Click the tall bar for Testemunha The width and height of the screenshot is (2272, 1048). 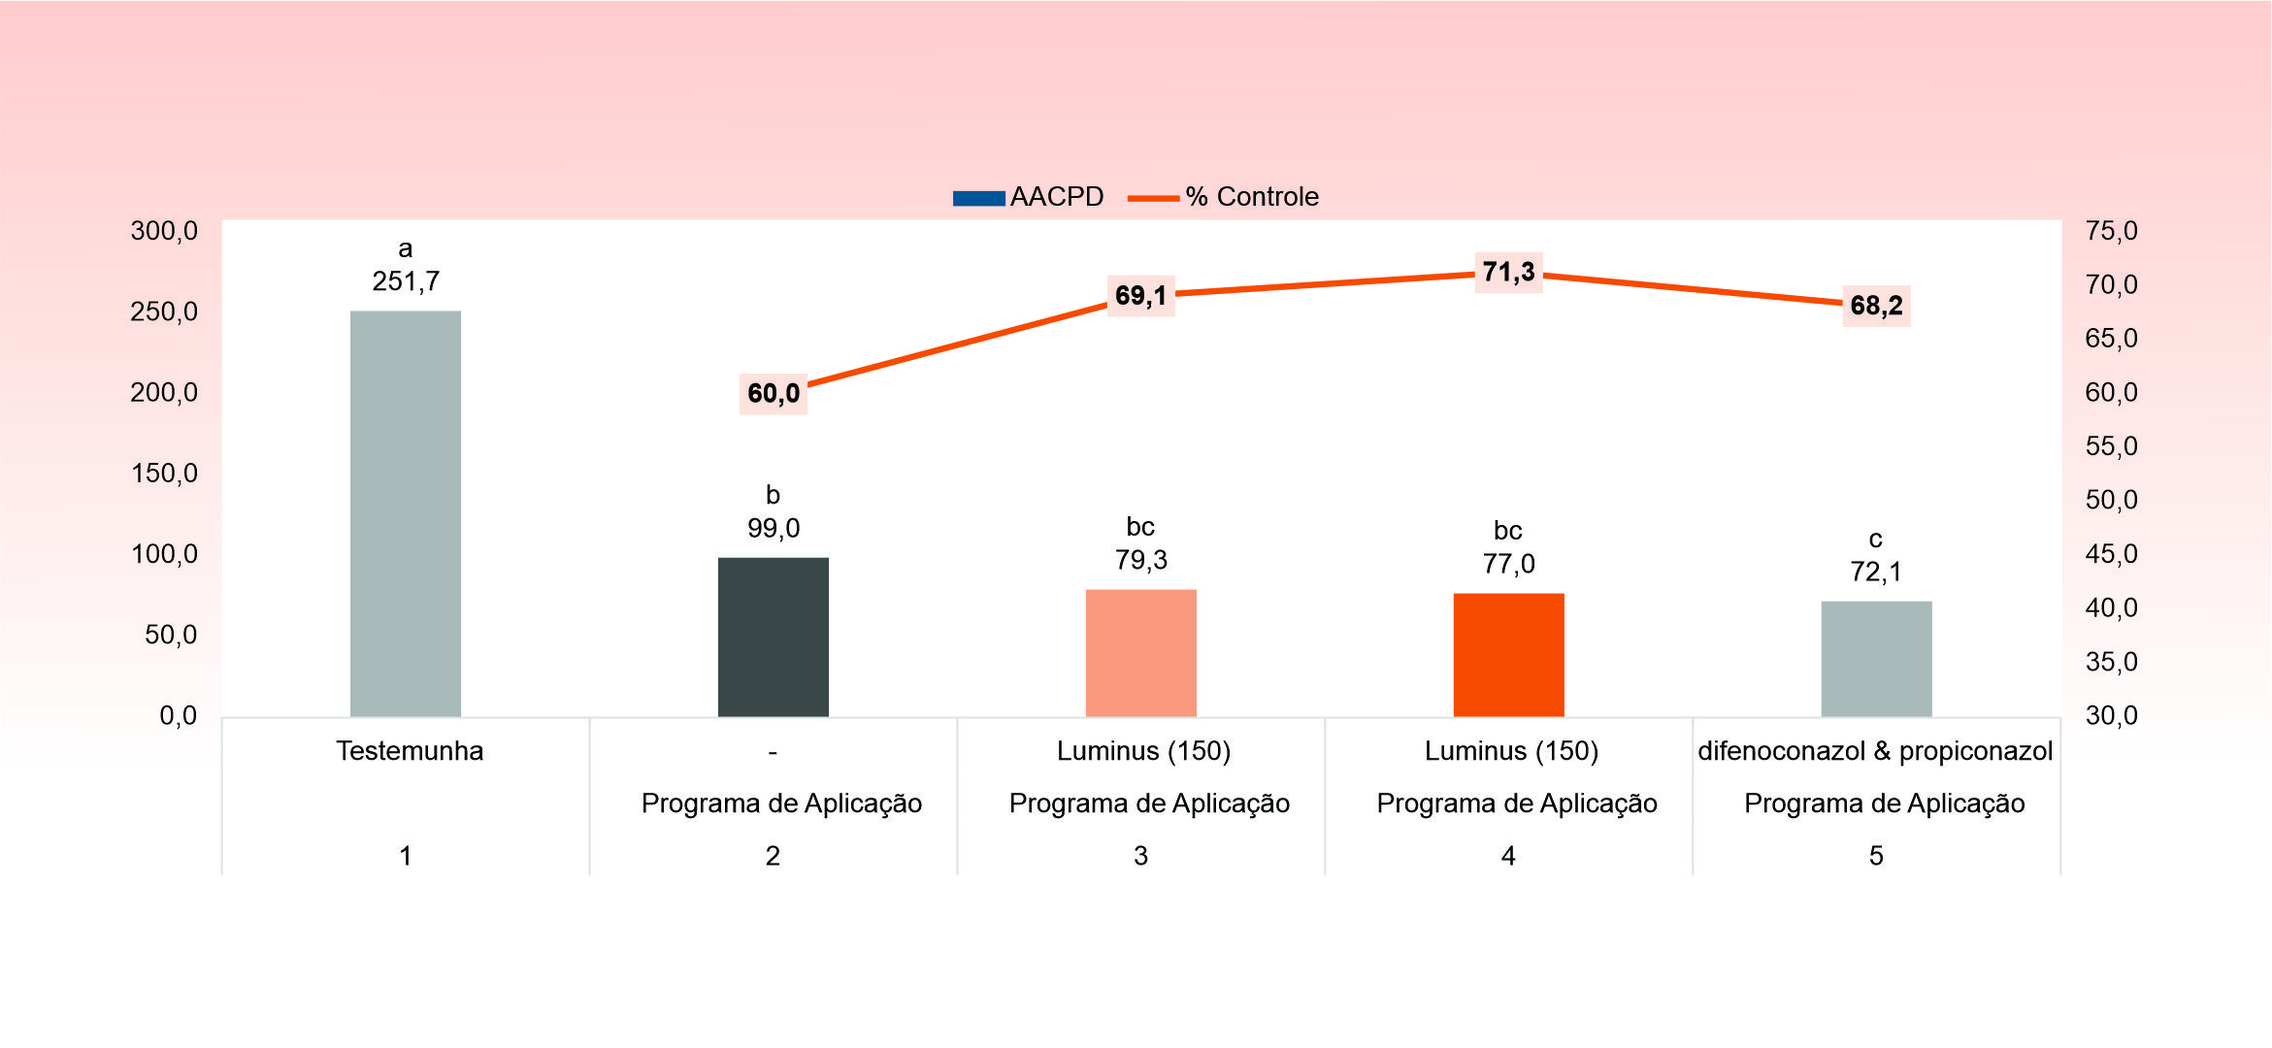point(406,514)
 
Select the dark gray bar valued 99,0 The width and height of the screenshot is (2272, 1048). point(773,638)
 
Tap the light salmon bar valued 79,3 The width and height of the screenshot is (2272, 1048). point(1140,653)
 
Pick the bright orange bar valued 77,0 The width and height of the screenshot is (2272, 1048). point(1508,655)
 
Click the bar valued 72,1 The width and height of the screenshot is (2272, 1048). point(1876,659)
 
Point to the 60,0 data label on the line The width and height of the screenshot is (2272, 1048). point(774,393)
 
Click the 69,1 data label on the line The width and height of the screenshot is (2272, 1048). point(1140,295)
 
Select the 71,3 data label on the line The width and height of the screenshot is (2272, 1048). point(1508,272)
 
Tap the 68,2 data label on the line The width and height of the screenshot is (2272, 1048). point(1876,306)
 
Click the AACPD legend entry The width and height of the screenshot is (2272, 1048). point(1029,197)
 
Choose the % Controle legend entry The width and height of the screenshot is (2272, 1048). point(1225,197)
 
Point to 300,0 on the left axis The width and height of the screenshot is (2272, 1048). point(164,231)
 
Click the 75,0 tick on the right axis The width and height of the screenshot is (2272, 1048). point(2111,231)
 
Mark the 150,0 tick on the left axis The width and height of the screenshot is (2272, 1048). point(164,474)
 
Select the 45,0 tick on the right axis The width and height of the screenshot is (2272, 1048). point(2111,554)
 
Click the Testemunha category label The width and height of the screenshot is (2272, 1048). point(410,751)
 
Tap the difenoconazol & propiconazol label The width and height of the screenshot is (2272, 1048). point(1875,751)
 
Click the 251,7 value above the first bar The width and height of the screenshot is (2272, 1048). point(406,281)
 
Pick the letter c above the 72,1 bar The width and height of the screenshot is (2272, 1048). point(1875,540)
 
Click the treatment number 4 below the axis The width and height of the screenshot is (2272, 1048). point(1508,856)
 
